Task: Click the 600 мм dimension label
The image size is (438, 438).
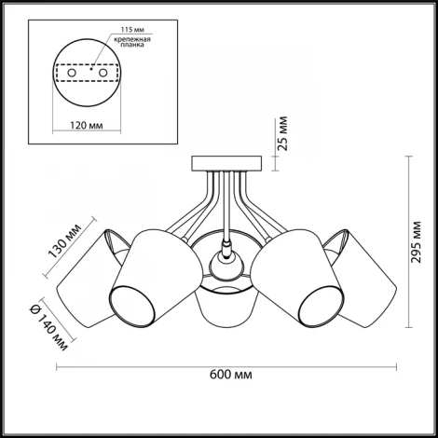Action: [231, 375]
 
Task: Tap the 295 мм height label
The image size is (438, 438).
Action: [416, 242]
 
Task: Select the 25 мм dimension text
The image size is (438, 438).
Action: [283, 133]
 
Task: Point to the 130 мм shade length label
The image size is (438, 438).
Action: [65, 240]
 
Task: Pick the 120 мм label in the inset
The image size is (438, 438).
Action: [87, 125]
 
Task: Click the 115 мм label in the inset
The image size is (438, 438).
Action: [132, 30]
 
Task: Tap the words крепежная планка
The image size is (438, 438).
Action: [132, 42]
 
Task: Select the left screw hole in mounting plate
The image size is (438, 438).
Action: [72, 74]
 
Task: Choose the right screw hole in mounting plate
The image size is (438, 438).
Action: [103, 74]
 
